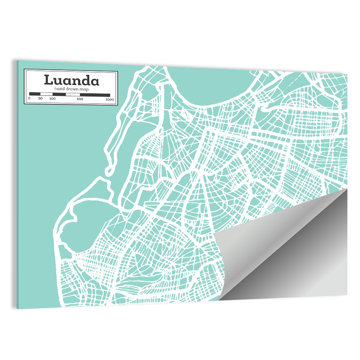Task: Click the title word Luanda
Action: [71, 80]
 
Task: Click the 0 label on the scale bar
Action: [29, 99]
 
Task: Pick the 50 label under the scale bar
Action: [40, 99]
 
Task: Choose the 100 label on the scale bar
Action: [53, 99]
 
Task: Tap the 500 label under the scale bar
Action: [80, 99]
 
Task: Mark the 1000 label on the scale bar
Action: [110, 99]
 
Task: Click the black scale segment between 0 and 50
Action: [35, 94]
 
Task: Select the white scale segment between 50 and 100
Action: [46, 94]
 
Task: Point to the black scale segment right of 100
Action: [59, 94]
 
